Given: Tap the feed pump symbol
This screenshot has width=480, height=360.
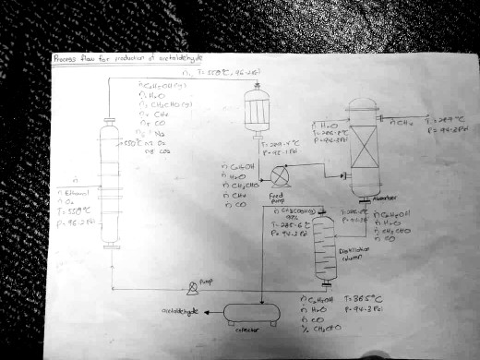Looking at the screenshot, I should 281,174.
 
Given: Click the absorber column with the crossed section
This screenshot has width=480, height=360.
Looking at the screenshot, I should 361,148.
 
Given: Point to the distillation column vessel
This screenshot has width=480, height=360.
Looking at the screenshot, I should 322,251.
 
